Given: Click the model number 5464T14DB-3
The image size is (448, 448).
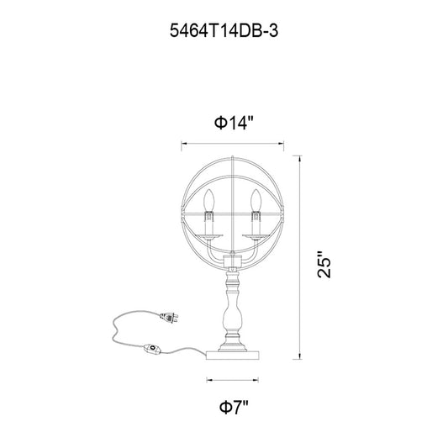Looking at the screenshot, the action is (x=224, y=30).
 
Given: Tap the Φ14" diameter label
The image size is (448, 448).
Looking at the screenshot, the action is (x=234, y=123).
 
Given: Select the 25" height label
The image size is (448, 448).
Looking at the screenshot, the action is (x=324, y=265).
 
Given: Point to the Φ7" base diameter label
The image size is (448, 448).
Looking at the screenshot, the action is (x=234, y=407).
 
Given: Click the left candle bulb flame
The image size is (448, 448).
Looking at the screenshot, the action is (x=208, y=199).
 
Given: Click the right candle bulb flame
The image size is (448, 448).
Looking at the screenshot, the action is (x=256, y=199).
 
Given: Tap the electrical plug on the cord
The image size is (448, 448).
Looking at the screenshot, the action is (x=169, y=318).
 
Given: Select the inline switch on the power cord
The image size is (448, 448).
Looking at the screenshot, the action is (x=152, y=350).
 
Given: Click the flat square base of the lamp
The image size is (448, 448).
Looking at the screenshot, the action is (x=233, y=356).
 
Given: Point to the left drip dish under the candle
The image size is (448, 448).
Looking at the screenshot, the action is (x=208, y=236).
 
